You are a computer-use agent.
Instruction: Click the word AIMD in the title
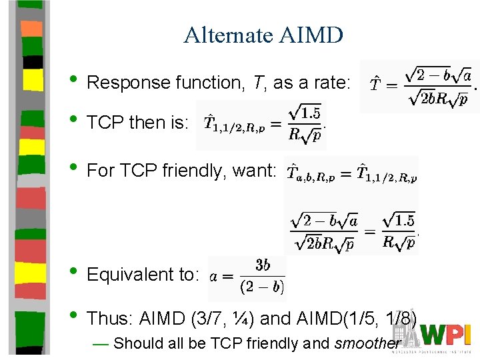coord(311,35)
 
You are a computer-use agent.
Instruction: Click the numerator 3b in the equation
coord(263,265)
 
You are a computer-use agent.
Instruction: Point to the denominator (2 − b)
coord(261,287)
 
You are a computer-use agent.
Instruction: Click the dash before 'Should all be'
coord(101,344)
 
